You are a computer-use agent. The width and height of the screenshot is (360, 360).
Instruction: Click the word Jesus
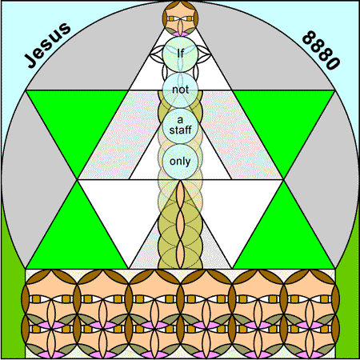tap(47, 45)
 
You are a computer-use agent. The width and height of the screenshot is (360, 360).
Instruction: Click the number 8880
tap(321, 50)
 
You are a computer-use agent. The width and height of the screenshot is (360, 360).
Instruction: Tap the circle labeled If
tap(180, 54)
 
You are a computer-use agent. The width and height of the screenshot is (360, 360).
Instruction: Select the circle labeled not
tap(180, 90)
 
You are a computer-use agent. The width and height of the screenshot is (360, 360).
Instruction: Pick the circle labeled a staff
tap(180, 126)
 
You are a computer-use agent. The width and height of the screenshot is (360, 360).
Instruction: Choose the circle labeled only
tap(180, 162)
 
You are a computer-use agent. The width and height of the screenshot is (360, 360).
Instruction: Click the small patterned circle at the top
tap(180, 18)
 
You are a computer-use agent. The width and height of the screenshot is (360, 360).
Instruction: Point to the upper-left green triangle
tap(78, 120)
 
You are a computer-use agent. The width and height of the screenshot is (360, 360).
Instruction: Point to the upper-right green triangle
tap(283, 120)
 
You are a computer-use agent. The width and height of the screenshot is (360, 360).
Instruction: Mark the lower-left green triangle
tap(78, 238)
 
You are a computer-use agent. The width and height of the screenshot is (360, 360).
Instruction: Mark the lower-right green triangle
tap(283, 238)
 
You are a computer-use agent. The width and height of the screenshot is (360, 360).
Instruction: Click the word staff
tap(180, 130)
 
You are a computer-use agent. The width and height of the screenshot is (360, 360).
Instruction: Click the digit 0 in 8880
tap(333, 63)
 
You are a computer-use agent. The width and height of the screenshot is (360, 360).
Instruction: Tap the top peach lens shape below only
tap(180, 195)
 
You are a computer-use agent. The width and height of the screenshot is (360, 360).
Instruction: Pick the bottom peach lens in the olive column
tap(180, 254)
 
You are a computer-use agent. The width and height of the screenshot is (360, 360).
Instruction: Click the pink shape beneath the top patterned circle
tap(180, 34)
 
